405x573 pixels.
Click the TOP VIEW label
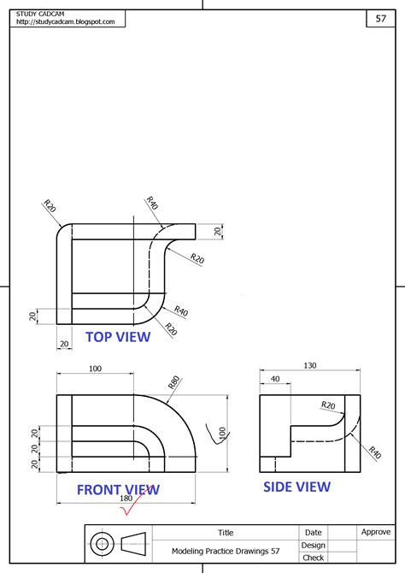coord(118,337)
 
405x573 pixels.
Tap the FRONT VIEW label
coord(118,490)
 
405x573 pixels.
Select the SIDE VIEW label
coord(296,487)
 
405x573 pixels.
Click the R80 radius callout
coord(175,381)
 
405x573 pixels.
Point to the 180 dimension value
coord(126,499)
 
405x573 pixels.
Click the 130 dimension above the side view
coord(309,365)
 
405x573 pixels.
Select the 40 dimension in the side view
coord(275,379)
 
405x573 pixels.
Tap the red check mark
coord(132,511)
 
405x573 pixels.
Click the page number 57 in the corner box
coord(381,19)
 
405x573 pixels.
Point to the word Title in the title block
coord(226,532)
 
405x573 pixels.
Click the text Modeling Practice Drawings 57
coord(226,552)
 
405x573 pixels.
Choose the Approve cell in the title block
coord(376,532)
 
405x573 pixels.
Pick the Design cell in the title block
coord(314,545)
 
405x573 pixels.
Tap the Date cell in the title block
coord(314,532)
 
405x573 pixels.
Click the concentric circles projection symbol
coord(103,544)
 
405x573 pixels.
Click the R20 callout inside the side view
coord(327,405)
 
